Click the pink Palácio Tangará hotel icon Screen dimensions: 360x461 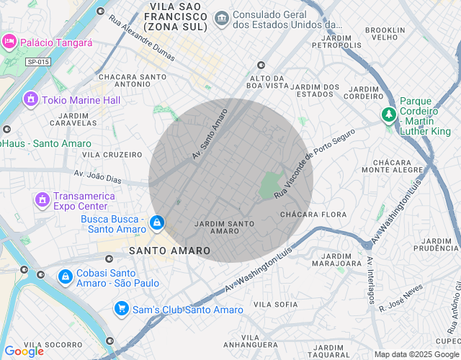[9, 41]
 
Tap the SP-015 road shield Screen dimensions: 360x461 [38, 62]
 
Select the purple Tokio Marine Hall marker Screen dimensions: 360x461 [30, 99]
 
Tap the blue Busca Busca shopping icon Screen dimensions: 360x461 [157, 223]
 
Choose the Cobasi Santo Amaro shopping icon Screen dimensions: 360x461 [65, 276]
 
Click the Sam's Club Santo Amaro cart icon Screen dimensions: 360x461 [122, 309]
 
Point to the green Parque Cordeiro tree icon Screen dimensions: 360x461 [389, 114]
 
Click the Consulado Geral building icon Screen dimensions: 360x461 [222, 17]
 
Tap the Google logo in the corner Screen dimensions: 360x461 [24, 351]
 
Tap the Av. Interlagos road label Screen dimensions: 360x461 [370, 282]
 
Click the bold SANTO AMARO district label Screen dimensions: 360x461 [170, 251]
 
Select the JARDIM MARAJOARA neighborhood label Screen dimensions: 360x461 [342, 260]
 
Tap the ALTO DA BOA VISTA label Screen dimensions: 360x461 [267, 81]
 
